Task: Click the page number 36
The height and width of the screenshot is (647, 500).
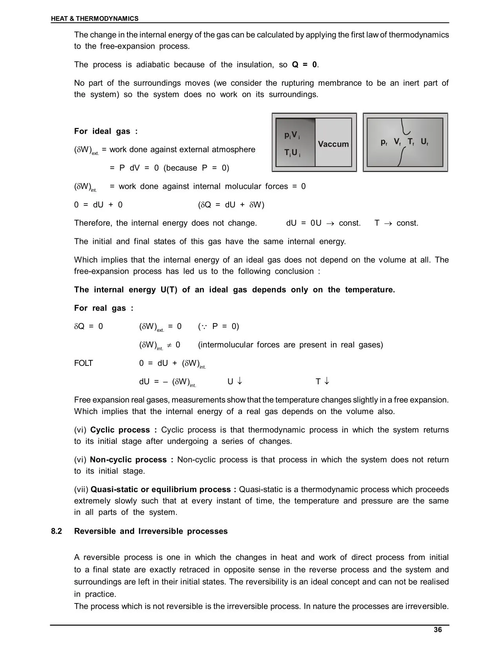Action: coord(438,630)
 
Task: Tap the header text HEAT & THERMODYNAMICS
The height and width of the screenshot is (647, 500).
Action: coord(95,18)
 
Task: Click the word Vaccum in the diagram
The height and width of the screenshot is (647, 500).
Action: coord(333,144)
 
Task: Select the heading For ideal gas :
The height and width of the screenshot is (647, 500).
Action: coord(106,131)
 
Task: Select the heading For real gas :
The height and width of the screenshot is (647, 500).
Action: coord(104,308)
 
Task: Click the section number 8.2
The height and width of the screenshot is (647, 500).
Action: coord(56,531)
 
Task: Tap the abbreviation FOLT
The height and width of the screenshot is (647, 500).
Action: coord(84,363)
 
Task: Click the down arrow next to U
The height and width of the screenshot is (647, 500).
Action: coord(240,381)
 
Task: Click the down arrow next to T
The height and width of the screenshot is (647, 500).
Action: coord(327,381)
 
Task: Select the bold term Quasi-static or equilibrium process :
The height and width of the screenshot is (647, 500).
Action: coord(163,489)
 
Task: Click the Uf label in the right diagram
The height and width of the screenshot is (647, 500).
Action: coord(424,142)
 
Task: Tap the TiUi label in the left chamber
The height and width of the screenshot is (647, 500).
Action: coord(293,153)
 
